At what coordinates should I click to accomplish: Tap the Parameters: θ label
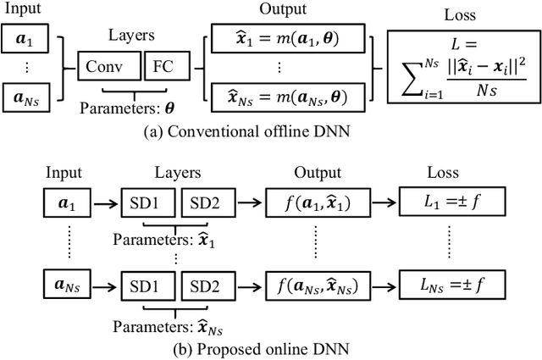click(124, 108)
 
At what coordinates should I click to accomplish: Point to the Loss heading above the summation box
click(460, 14)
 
